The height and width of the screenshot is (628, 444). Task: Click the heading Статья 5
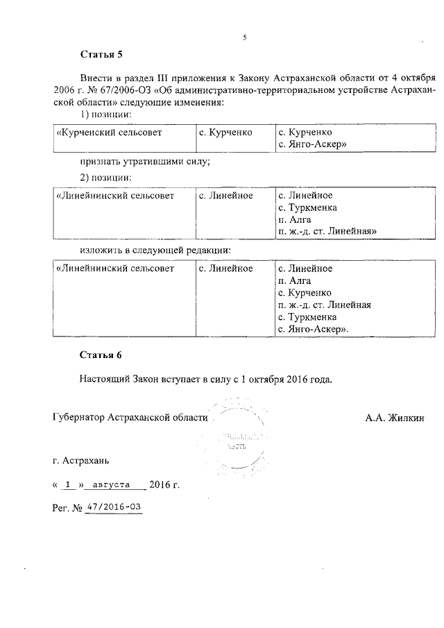tap(101, 54)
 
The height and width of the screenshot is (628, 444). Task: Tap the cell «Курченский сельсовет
tap(100, 132)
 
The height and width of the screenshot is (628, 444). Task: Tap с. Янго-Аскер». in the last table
tap(313, 330)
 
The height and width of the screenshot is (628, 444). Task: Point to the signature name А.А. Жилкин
tap(394, 418)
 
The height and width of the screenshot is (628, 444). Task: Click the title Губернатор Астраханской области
tap(130, 418)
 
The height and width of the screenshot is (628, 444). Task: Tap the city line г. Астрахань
tap(80, 460)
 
